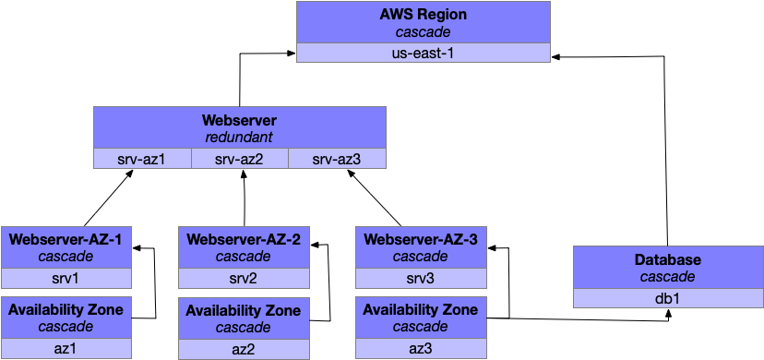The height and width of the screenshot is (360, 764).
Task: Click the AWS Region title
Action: click(x=424, y=15)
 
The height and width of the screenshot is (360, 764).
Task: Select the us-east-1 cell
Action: click(x=424, y=53)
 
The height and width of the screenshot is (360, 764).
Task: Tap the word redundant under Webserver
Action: click(x=240, y=138)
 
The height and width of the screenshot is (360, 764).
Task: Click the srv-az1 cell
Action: click(x=142, y=160)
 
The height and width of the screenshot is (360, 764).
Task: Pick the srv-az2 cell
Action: click(x=240, y=160)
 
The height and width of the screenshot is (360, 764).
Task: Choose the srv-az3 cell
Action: click(x=337, y=160)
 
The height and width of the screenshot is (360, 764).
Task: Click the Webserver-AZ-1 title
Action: click(x=66, y=239)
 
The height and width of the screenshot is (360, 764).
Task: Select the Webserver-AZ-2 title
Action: click(x=243, y=239)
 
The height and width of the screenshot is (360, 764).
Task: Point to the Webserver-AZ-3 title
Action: click(x=420, y=239)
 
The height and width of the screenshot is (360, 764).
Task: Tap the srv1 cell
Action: click(x=66, y=279)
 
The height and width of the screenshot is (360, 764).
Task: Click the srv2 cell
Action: click(x=243, y=279)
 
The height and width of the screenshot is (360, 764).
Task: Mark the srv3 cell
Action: click(x=420, y=279)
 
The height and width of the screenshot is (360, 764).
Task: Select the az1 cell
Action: click(x=66, y=348)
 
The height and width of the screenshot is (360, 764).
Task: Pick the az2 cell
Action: click(x=243, y=349)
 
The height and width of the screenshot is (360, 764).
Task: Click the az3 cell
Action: click(x=420, y=348)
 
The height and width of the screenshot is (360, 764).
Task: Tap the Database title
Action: click(x=667, y=260)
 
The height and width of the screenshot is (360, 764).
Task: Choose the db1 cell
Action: click(x=667, y=298)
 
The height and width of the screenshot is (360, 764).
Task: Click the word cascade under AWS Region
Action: click(x=424, y=32)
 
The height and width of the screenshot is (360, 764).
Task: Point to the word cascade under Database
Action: click(x=667, y=277)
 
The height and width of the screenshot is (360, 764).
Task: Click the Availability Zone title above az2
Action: click(x=243, y=311)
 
